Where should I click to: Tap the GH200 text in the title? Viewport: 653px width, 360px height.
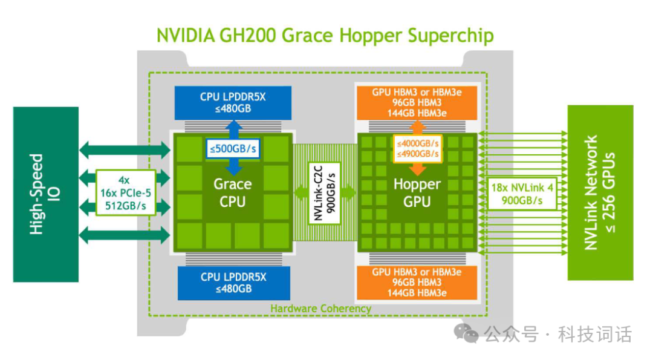click(247, 36)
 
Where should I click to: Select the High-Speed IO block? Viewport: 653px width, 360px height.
click(46, 195)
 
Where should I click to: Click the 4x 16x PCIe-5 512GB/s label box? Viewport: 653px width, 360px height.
click(126, 193)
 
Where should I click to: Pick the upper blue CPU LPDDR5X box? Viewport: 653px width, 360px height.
click(233, 102)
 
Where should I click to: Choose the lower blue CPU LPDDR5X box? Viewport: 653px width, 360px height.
click(233, 283)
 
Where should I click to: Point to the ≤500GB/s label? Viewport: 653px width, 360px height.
click(233, 149)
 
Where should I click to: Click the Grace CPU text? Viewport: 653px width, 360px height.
click(232, 193)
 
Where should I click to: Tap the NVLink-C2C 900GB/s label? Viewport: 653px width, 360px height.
click(325, 193)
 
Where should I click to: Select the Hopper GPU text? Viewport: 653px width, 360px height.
click(417, 193)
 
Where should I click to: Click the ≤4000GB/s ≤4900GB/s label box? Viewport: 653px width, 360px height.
click(418, 149)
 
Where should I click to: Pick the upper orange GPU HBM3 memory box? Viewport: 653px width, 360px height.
click(417, 102)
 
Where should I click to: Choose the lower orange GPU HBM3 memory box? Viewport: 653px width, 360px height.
click(417, 283)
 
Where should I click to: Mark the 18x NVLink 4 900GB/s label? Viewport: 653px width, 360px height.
click(522, 194)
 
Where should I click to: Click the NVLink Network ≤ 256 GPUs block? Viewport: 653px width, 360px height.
click(600, 192)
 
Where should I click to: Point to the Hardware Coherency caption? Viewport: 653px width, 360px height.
click(320, 309)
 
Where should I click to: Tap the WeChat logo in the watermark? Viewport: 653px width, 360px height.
click(466, 333)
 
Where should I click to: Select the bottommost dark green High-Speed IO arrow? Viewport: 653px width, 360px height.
click(125, 235)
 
